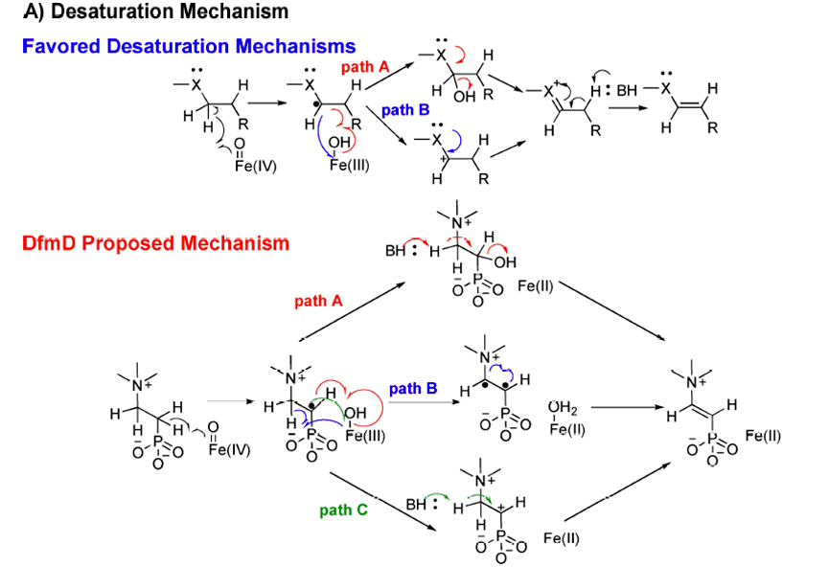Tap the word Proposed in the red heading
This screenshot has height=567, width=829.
[x=134, y=243]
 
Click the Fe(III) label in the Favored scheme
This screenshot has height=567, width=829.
[x=349, y=165]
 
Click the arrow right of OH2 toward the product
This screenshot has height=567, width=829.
[x=628, y=409]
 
